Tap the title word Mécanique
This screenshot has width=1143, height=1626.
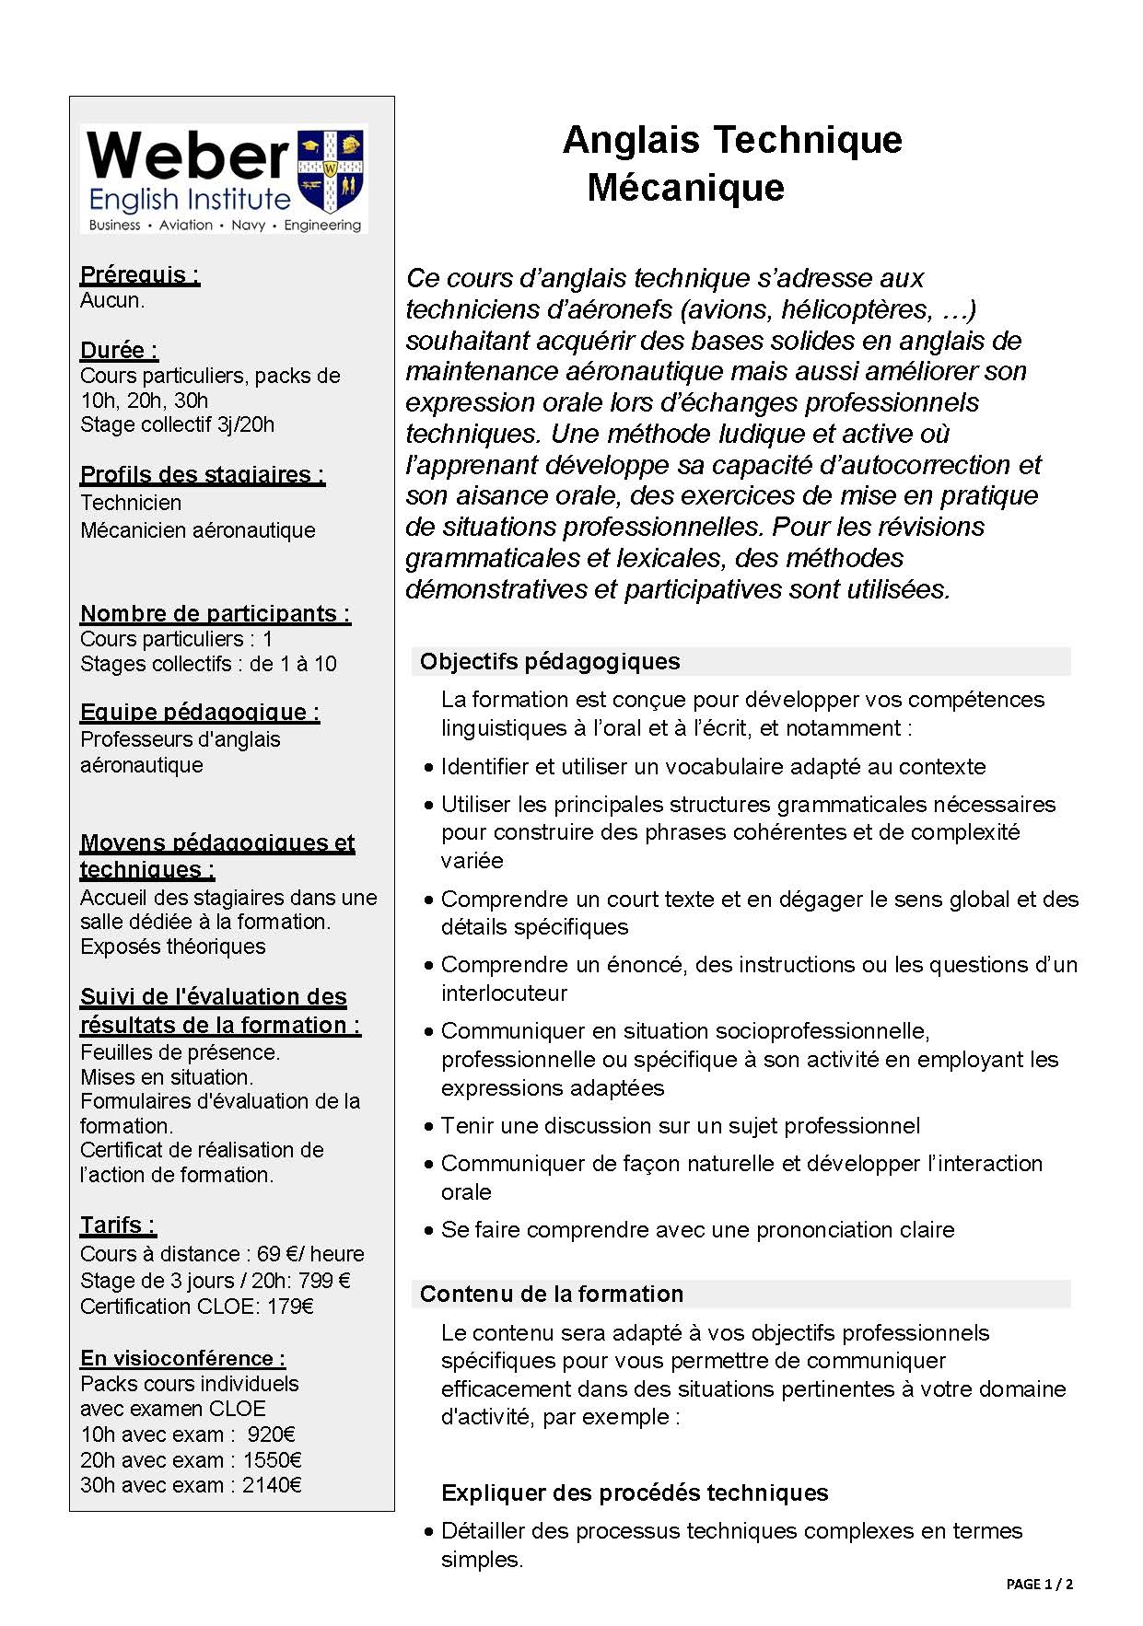[x=685, y=188]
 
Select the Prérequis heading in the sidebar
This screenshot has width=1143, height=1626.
[x=140, y=274]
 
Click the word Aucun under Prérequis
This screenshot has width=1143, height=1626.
[x=112, y=300]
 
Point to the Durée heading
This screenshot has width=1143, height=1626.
[x=119, y=350]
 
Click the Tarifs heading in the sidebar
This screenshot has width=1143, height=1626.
[x=118, y=1225]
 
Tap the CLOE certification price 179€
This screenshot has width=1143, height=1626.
[x=290, y=1306]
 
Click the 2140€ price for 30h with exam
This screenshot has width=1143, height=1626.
[x=273, y=1484]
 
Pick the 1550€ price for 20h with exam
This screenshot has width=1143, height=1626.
[x=273, y=1459]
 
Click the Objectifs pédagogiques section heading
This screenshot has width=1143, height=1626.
[x=550, y=661]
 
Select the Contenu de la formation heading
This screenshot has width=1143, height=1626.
[x=552, y=1294]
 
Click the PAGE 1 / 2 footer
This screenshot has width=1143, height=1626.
[x=1039, y=1584]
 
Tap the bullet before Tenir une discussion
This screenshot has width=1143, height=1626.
[x=429, y=1126]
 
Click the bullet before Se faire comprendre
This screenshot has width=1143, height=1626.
[x=429, y=1230]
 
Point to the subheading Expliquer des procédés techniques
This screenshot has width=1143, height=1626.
[x=635, y=1492]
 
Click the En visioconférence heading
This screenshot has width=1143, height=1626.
[x=182, y=1358]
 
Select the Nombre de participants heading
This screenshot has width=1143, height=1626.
[x=216, y=613]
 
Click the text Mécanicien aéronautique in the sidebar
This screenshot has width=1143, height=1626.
[x=198, y=530]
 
